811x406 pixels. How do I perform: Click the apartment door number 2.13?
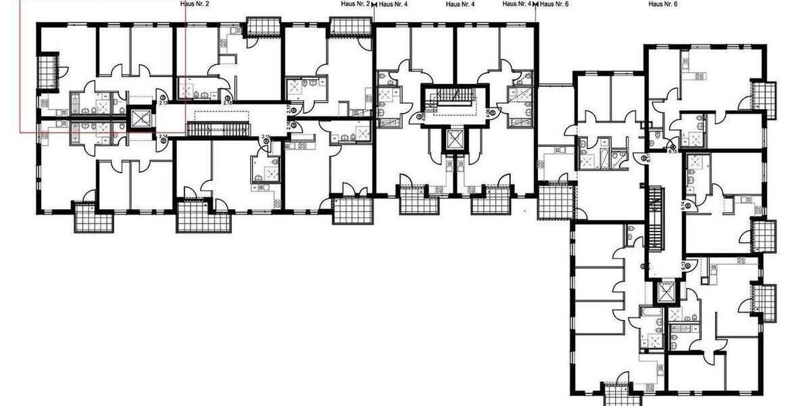[x=164, y=103]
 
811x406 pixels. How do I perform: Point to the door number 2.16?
[x=290, y=125]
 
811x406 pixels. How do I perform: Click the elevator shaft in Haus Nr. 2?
[x=141, y=120]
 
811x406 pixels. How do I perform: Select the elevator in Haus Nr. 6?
[x=666, y=292]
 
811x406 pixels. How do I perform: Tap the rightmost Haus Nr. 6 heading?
[x=662, y=4]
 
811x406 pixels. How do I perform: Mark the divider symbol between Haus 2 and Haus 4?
[x=374, y=4]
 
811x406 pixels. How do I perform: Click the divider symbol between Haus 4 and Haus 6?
[x=536, y=4]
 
